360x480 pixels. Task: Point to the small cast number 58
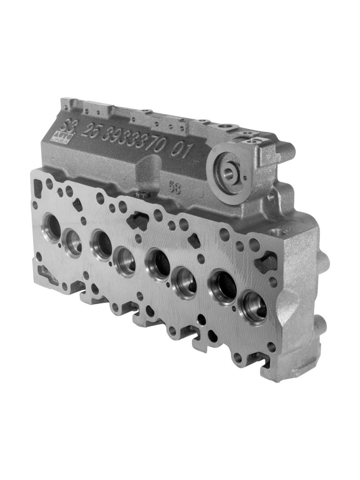tap(174, 186)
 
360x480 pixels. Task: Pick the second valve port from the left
tap(73, 242)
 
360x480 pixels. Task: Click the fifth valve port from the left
tap(157, 265)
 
